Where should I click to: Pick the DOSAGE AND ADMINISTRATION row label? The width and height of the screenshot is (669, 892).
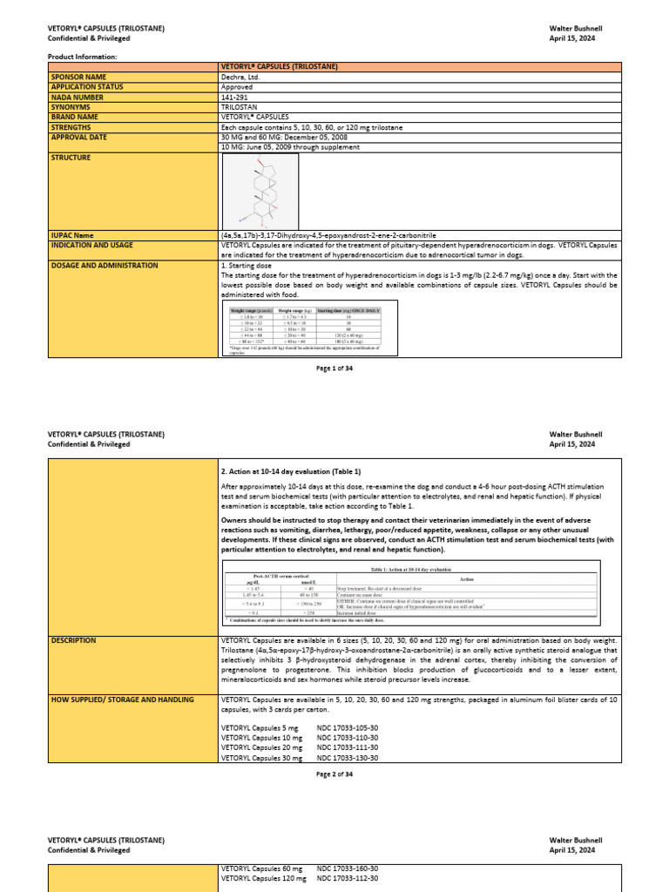click(105, 265)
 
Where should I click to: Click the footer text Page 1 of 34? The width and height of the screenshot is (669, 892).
click(334, 368)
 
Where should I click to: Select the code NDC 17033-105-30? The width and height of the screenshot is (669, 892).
click(348, 726)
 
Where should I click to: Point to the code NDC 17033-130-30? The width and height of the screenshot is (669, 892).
click(348, 758)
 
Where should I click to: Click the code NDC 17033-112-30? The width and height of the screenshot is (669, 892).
click(348, 879)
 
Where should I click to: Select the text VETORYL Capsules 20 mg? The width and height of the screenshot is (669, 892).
click(262, 747)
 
